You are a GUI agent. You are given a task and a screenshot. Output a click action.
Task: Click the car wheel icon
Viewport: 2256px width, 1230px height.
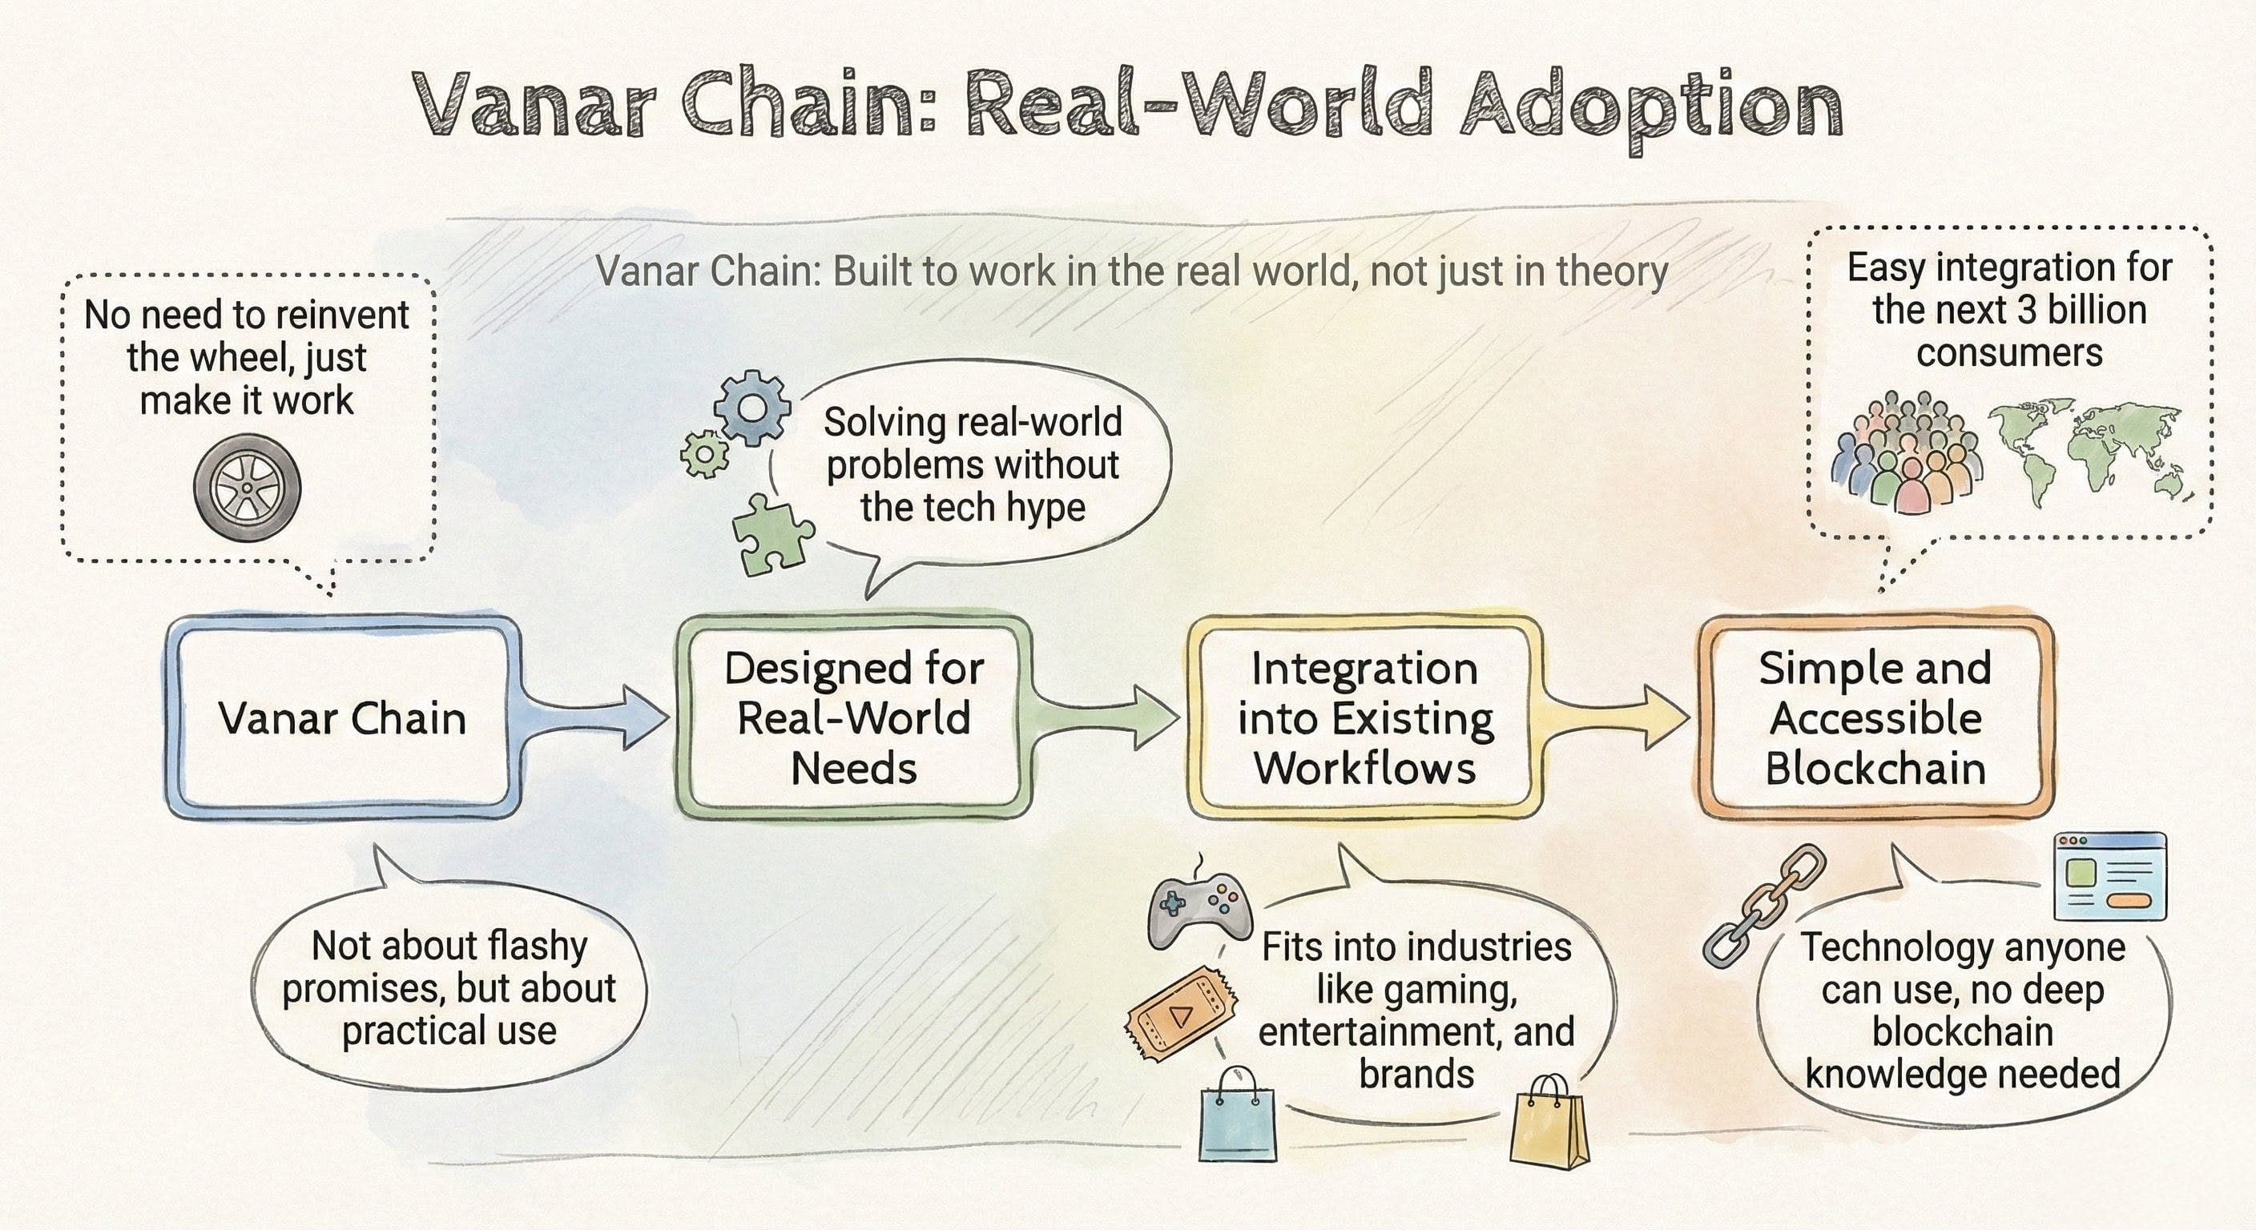coord(247,487)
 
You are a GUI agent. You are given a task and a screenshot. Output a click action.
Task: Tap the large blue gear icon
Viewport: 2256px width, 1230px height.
coord(751,408)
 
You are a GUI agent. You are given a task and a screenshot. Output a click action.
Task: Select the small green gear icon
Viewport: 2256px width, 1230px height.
coord(704,454)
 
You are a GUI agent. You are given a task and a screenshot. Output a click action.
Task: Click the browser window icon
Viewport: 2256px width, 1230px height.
coord(2109,876)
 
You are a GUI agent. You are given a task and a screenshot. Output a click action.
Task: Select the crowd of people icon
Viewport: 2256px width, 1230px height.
coord(1908,452)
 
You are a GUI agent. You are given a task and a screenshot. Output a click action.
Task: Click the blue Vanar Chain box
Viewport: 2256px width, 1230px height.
coord(342,717)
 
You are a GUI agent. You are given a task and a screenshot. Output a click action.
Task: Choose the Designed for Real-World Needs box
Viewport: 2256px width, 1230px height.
coord(854,717)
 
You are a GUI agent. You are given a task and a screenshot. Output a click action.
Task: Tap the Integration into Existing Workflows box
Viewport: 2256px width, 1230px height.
coord(1364,717)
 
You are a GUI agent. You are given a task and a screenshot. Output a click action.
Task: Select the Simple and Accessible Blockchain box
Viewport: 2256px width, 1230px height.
coord(1875,717)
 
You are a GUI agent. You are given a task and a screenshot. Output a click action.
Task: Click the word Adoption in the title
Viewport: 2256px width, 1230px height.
coord(1652,110)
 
